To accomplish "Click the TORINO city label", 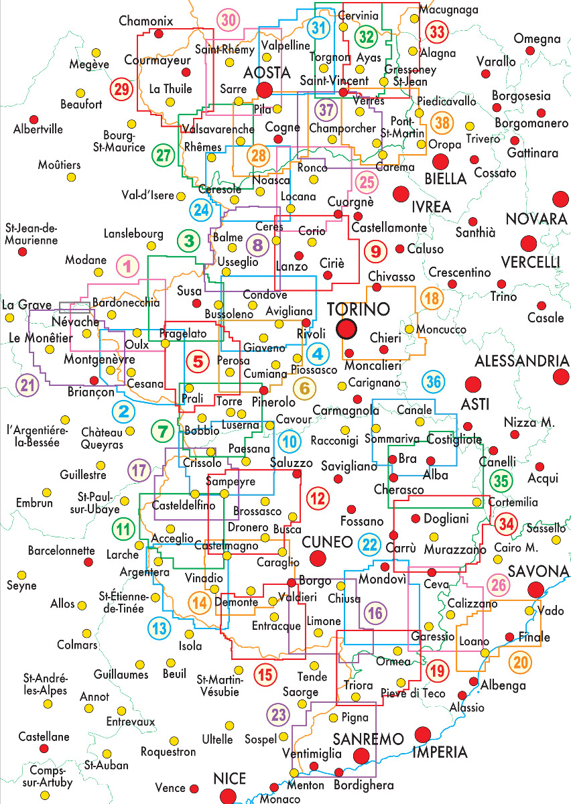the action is pos(359,309).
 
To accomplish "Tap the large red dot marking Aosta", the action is pos(264,90).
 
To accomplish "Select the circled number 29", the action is pos(121,89).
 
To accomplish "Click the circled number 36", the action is pos(434,382).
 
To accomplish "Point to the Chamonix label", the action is pos(146,21).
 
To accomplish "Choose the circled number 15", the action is pos(265,675).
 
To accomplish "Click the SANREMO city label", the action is pos(368,739).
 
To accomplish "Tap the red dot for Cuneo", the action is pos(318,559).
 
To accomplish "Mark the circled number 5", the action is pos(198,361).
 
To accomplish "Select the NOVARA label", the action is pos(537,218).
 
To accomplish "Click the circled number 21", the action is pos(27,385).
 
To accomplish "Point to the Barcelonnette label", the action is pos(62,550).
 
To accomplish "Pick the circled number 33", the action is pos(437,31).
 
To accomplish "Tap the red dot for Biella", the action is pos(440,162).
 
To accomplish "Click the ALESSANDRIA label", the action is pos(522,361).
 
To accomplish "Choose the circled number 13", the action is pos(160,628).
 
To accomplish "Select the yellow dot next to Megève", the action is pos(96,53).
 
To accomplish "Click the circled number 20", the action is pos(520,662).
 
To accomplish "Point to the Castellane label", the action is pos(44,737).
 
